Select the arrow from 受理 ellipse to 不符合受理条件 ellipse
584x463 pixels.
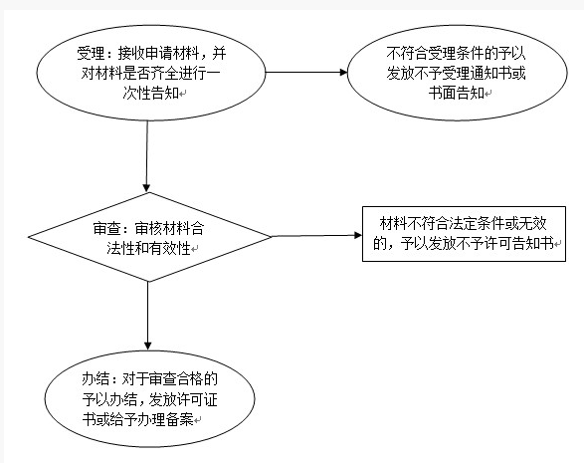[306, 73]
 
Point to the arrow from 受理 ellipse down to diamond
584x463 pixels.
[146, 156]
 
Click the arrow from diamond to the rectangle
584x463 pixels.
[316, 236]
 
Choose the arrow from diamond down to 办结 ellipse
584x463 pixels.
[148, 316]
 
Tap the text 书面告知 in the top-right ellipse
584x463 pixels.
[457, 93]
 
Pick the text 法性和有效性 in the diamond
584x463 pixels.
[148, 248]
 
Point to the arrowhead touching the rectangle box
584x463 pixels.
[358, 235]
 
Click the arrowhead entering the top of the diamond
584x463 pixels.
[146, 188]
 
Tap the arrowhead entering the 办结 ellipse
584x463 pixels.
[148, 346]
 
